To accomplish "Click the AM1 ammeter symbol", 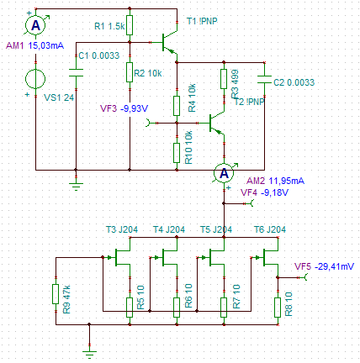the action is point(35,25).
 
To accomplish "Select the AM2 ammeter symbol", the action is point(224,173).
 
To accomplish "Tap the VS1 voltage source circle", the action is point(35,79).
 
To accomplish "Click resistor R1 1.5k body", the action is point(130,25).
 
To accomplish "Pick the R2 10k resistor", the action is point(130,72).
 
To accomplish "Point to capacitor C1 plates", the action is point(76,72).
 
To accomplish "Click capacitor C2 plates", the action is point(264,79).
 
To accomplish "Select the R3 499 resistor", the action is point(224,79).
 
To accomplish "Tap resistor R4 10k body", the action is point(177,106).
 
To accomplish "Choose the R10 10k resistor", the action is point(177,153).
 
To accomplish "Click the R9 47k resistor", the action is point(56,294).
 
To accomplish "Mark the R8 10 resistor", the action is point(278,308).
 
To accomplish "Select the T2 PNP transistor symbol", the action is point(217,124).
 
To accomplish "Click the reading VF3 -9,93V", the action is point(124,108).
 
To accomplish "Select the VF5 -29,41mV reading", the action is point(324,266).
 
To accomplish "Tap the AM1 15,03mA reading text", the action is point(34,45).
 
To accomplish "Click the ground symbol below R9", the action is point(89,354).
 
